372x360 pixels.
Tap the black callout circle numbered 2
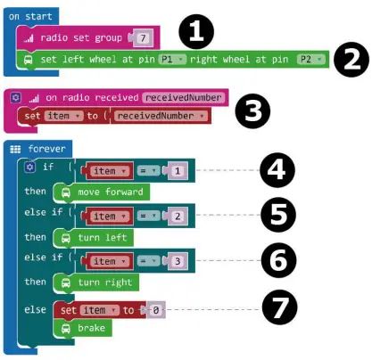pyautogui.click(x=351, y=61)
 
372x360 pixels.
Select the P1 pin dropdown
pyautogui.click(x=171, y=60)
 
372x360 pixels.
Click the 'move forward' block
pyautogui.click(x=100, y=192)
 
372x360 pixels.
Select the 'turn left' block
pyautogui.click(x=94, y=237)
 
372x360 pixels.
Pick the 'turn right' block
pyautogui.click(x=96, y=282)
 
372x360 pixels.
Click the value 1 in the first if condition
pyautogui.click(x=178, y=170)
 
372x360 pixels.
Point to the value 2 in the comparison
pyautogui.click(x=178, y=216)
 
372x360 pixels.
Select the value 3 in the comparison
pyautogui.click(x=178, y=261)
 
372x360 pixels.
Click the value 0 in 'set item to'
pyautogui.click(x=155, y=309)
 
